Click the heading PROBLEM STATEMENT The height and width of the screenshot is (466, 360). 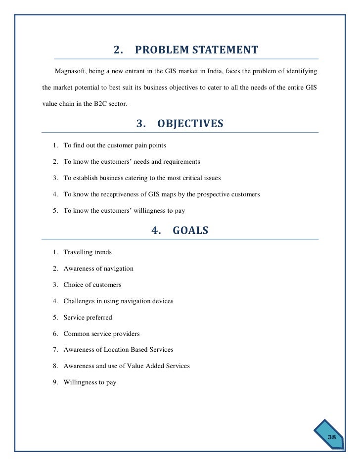coord(196,50)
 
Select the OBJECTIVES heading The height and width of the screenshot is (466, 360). coord(190,124)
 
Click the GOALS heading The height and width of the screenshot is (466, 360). coord(190,231)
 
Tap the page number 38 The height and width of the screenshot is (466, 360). coord(331,437)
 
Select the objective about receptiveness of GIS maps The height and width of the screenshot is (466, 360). coord(161,194)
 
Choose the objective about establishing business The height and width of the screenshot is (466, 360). coord(142,178)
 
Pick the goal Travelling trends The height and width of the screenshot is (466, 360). coord(88,252)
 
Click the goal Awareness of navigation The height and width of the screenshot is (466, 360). coord(98,269)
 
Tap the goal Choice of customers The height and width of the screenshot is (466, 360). coord(92,285)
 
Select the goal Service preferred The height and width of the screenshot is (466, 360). coord(88,317)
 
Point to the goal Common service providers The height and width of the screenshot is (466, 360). coord(101,333)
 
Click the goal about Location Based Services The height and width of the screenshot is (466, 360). coord(118,350)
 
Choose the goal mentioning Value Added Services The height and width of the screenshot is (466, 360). coord(127,366)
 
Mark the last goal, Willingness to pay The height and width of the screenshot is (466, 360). coord(90,382)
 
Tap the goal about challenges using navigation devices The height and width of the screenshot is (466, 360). coord(118,301)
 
